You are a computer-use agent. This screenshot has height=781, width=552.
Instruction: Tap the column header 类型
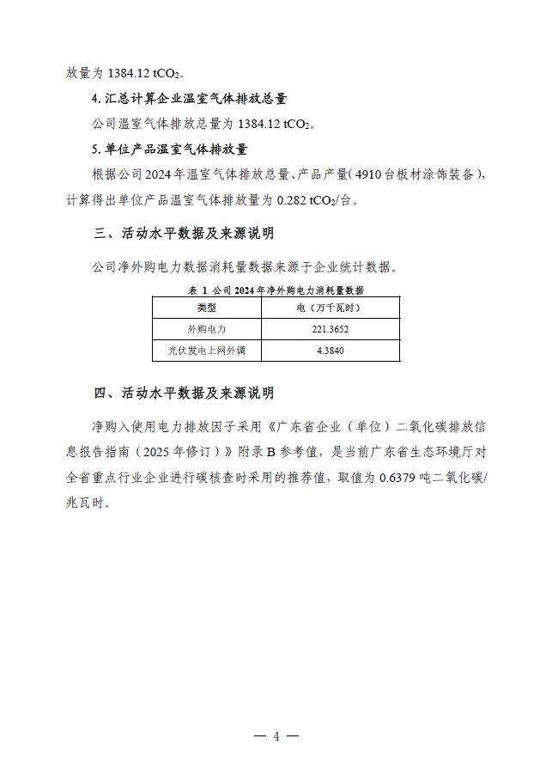[207, 307]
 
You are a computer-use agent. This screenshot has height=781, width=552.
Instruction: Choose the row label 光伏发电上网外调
[207, 350]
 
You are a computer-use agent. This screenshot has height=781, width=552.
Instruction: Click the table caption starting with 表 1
[275, 290]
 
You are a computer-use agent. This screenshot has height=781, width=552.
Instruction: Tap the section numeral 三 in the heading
[98, 233]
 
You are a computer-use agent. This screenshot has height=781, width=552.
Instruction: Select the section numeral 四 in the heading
[98, 394]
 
